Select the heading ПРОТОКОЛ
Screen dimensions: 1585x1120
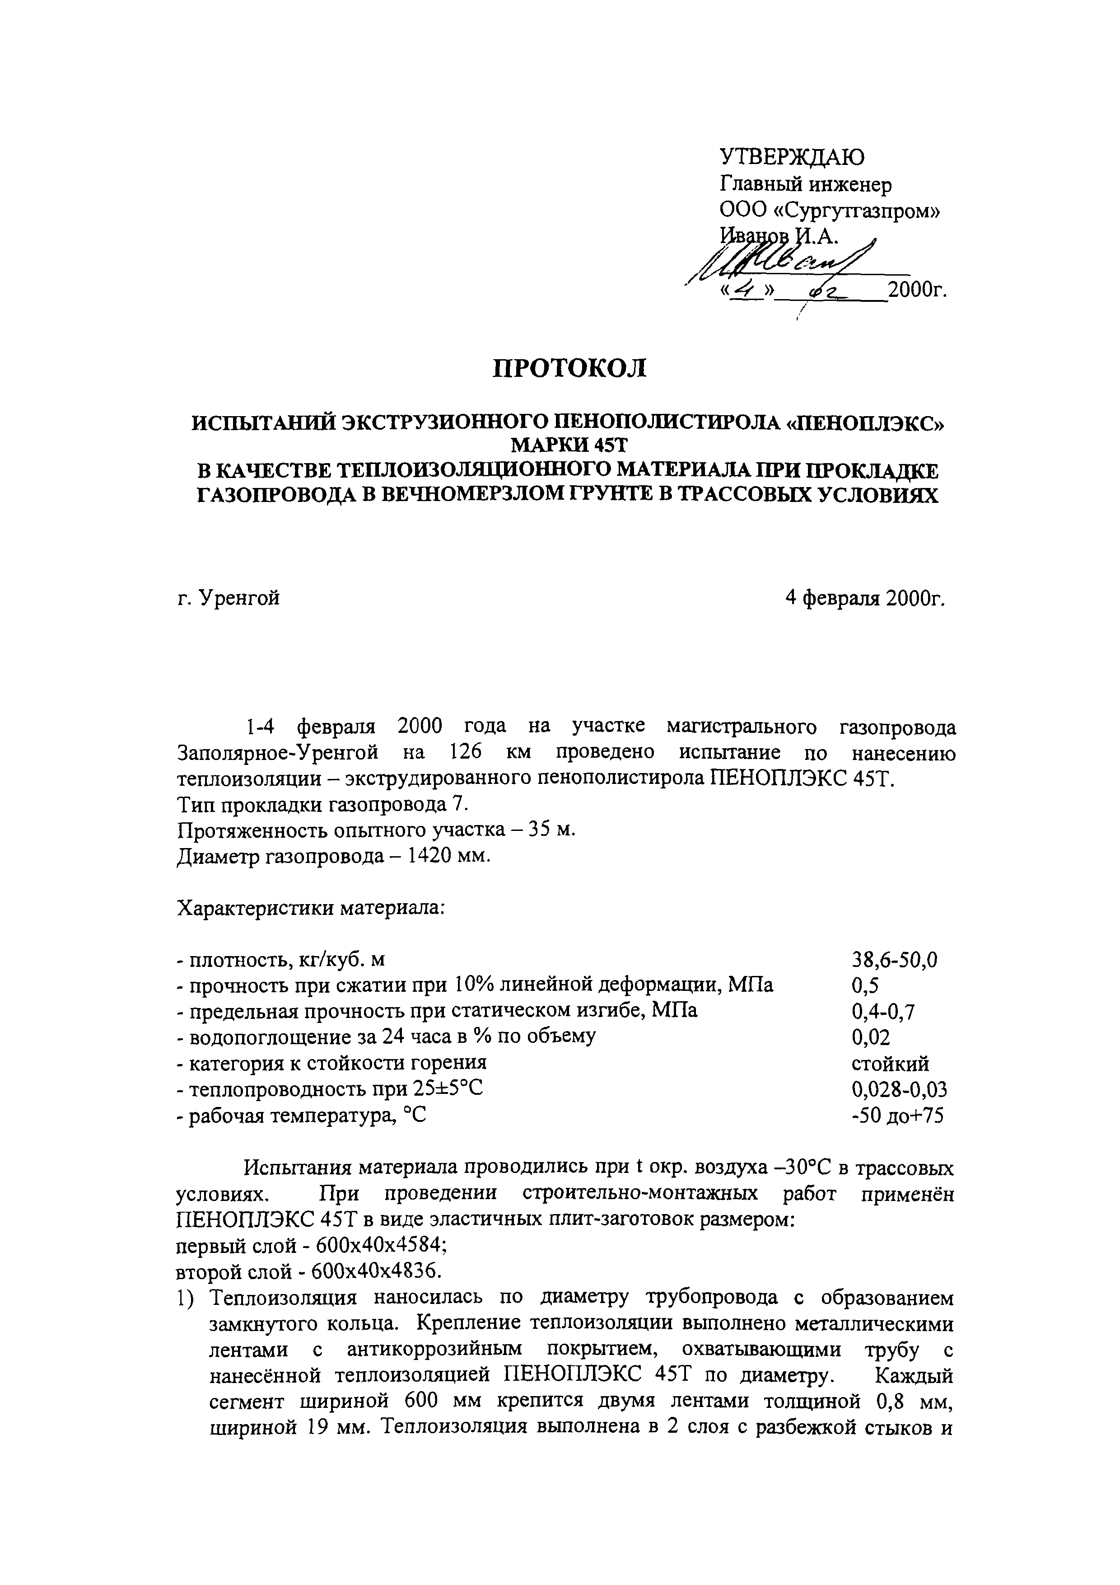pos(569,369)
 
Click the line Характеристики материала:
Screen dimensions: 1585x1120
pos(311,908)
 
